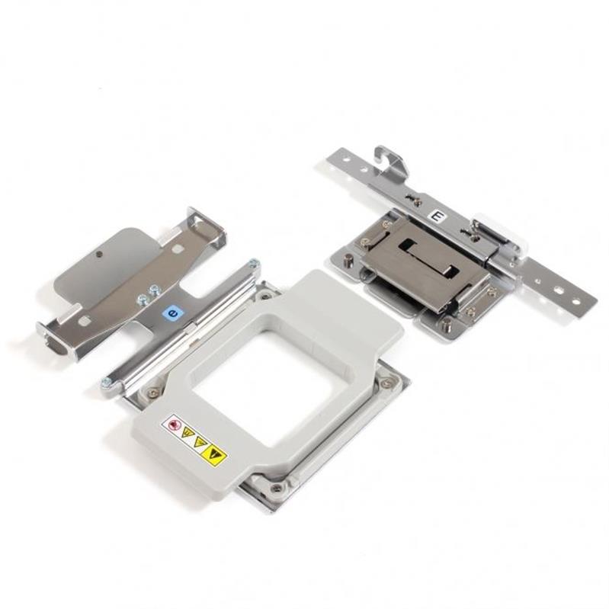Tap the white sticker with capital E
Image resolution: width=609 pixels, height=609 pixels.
pyautogui.click(x=436, y=217)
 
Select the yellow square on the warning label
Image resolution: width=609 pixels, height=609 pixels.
pyautogui.click(x=215, y=455)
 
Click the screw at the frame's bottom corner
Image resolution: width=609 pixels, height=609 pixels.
pyautogui.click(x=276, y=488)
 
